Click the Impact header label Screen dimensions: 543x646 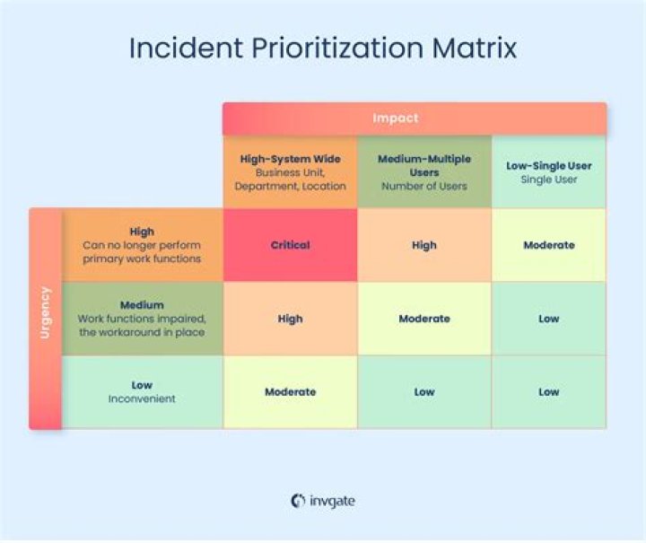tap(396, 118)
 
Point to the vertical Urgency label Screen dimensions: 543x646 tap(45, 312)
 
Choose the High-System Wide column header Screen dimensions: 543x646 tap(290, 172)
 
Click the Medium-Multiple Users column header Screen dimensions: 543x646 tap(424, 172)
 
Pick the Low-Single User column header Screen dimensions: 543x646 tap(548, 172)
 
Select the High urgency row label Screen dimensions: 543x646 tap(142, 245)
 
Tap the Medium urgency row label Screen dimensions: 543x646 tap(142, 319)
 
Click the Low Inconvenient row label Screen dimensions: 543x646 tap(142, 391)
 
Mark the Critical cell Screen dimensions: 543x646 tap(290, 245)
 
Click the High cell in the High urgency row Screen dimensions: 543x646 tap(424, 245)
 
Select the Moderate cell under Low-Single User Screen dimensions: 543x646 tap(548, 245)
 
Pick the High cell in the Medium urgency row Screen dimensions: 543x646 tap(290, 319)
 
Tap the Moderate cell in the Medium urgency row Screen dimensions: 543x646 tap(424, 319)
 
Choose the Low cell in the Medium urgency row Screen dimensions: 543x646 tap(548, 319)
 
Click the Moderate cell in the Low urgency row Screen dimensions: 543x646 tap(290, 392)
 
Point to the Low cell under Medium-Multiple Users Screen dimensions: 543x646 tap(424, 392)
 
